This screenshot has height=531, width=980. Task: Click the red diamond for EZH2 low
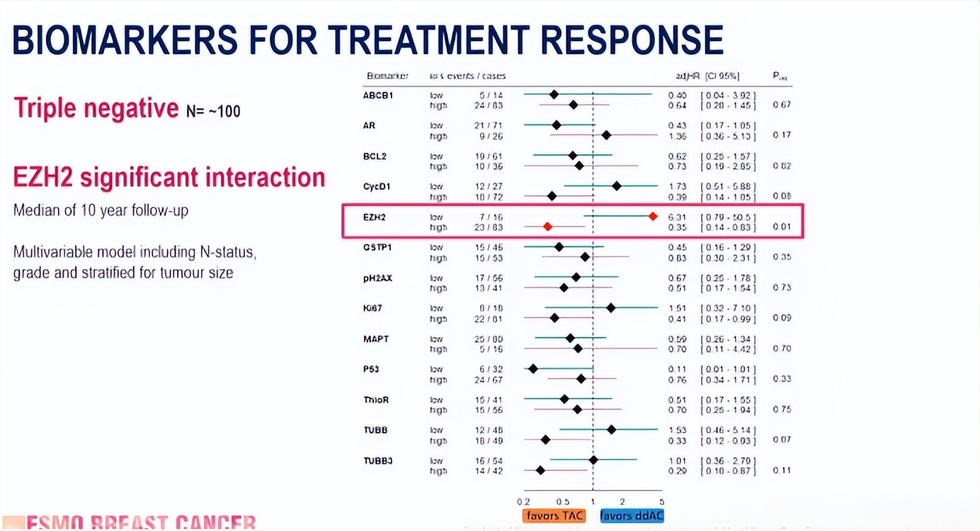click(653, 216)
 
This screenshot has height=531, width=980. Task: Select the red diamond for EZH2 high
click(547, 227)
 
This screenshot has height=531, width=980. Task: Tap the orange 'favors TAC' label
click(554, 515)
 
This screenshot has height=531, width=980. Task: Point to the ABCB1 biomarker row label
click(378, 95)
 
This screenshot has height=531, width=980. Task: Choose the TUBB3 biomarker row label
click(378, 461)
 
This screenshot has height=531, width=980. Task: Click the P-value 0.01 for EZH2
click(782, 227)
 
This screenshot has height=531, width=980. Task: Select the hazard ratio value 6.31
click(677, 217)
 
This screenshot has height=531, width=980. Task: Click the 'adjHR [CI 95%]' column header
click(707, 76)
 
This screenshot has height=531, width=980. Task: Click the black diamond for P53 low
click(533, 368)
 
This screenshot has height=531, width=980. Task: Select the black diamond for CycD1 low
click(617, 186)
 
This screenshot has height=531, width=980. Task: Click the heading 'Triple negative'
click(96, 108)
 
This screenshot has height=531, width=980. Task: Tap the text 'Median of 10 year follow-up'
click(101, 211)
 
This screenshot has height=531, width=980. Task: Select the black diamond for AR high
click(606, 135)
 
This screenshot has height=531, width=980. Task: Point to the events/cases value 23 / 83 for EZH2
click(486, 227)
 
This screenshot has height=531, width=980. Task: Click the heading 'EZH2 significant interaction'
click(169, 177)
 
